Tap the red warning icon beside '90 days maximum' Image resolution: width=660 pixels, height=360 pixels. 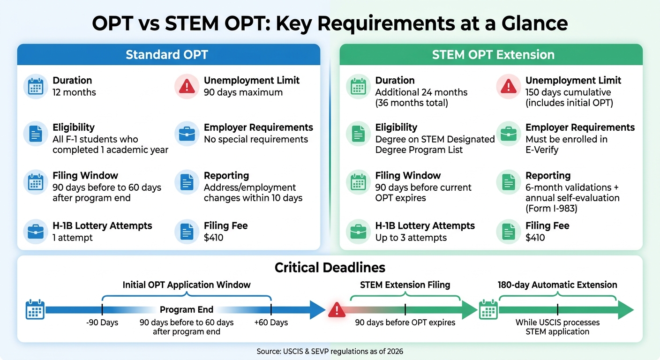187,86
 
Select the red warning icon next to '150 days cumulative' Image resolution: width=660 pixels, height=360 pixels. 508,86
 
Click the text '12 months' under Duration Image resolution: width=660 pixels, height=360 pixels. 74,92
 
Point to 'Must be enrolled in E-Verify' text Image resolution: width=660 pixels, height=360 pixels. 566,144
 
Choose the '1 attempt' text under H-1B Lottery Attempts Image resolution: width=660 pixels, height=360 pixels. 73,238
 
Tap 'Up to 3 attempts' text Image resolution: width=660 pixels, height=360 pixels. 411,238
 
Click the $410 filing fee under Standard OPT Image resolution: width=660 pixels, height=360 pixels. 213,238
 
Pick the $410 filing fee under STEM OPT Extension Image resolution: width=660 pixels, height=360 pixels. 535,238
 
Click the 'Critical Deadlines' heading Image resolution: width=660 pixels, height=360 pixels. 330,268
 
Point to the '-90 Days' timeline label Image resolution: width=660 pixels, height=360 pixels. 102,322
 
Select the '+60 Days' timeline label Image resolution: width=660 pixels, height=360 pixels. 271,322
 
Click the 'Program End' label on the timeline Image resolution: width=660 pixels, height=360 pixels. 187,310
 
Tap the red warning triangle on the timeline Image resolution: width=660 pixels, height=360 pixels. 337,310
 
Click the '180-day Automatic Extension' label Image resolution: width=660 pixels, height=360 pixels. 557,285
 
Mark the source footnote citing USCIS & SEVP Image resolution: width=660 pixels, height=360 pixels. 330,351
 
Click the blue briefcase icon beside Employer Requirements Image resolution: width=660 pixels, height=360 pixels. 187,134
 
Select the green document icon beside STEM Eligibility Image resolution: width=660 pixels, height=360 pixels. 358,134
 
